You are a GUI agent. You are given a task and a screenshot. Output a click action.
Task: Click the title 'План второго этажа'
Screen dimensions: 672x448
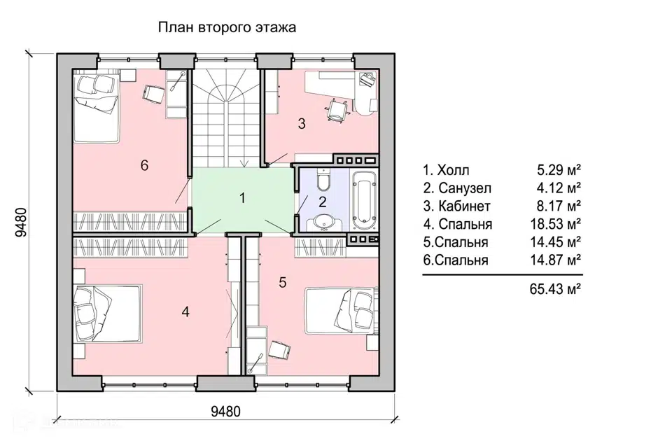[227, 28]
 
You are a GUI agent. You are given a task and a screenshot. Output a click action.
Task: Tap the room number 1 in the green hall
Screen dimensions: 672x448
[243, 199]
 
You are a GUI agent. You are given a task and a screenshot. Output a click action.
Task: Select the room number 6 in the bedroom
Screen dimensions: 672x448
[144, 165]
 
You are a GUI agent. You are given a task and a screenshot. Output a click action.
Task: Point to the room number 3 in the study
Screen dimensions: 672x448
[302, 124]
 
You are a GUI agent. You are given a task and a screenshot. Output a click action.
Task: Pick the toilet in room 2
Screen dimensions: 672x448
[323, 178]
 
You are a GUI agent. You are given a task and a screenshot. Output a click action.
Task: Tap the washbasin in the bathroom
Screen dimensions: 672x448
[323, 222]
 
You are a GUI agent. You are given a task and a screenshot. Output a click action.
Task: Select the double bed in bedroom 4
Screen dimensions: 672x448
[108, 313]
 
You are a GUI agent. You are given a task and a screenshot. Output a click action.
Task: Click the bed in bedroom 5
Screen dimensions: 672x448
[342, 311]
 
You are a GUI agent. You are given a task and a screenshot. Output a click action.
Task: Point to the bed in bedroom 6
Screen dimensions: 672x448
[97, 108]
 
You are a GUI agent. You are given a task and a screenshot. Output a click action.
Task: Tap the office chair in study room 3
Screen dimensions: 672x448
[336, 110]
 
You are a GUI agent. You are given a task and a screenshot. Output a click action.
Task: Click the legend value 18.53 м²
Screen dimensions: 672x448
[556, 224]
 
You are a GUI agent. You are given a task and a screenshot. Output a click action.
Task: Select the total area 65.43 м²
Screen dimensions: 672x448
[556, 289]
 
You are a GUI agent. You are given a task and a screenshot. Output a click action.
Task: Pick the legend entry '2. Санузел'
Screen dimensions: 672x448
[457, 188]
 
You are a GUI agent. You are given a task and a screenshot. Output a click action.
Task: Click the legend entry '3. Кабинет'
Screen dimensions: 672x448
[457, 206]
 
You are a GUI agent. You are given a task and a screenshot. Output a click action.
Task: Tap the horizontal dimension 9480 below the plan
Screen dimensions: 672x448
[226, 412]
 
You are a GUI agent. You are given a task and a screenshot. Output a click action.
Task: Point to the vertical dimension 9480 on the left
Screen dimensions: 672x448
[20, 222]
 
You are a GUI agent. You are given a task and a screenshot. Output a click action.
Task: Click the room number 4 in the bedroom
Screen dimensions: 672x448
[185, 311]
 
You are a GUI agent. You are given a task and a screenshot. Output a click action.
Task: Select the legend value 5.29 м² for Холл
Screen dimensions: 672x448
[559, 170]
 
